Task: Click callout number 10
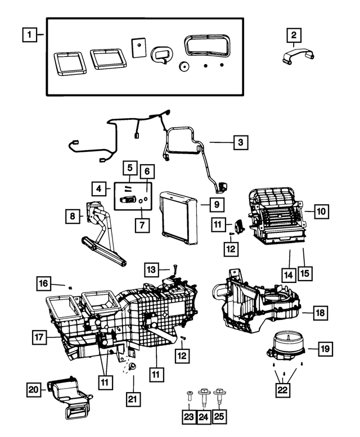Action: [321, 211]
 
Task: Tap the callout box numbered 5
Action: [130, 167]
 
